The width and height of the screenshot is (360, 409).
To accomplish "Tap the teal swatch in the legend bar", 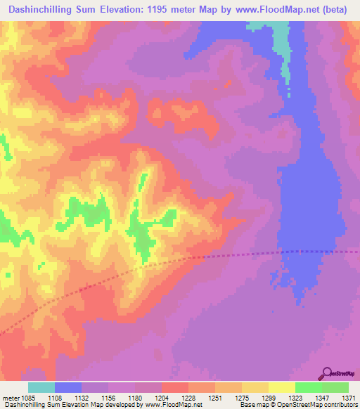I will pos(41,387).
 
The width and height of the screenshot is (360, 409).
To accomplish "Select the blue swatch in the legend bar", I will pos(68,387).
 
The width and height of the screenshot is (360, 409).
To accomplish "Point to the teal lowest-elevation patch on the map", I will pos(283,42).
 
